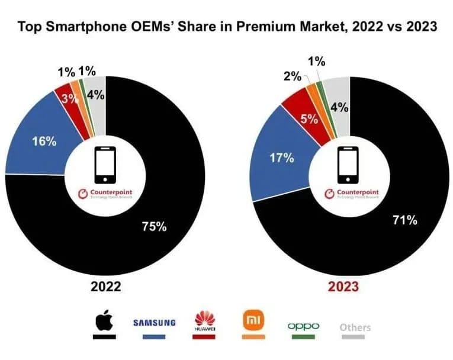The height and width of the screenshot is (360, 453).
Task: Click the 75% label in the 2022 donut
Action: (153, 226)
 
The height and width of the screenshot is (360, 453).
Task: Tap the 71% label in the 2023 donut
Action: (405, 220)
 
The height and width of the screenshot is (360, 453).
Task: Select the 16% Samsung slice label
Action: (44, 142)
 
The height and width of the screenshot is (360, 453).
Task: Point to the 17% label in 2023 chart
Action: (281, 157)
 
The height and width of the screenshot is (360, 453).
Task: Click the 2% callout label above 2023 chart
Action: (292, 76)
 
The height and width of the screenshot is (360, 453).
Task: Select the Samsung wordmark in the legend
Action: (154, 323)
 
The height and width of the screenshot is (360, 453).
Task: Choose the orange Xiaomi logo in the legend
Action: (252, 322)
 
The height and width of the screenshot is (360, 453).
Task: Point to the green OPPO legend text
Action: (303, 326)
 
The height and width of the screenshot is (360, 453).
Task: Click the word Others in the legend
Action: (355, 327)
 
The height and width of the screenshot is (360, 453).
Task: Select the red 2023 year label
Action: (343, 287)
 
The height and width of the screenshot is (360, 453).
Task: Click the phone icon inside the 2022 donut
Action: (105, 164)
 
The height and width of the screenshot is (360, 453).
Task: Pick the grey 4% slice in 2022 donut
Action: (95, 94)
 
